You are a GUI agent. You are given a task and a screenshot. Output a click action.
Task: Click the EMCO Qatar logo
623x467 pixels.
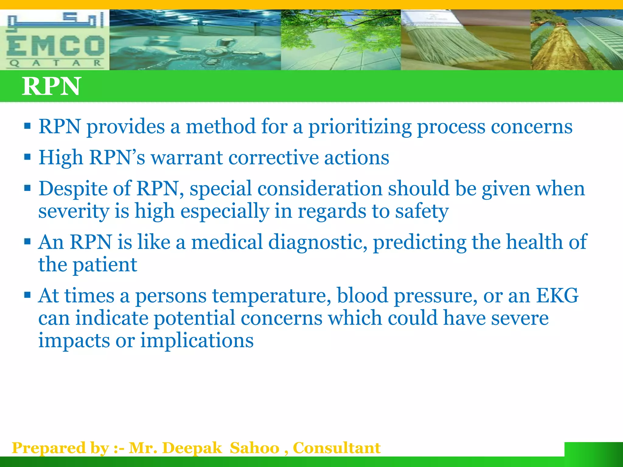[x=55, y=40]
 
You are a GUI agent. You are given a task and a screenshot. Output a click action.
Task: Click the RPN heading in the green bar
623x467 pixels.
[x=51, y=86]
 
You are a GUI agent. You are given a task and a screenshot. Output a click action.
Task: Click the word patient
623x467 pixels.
[x=105, y=265]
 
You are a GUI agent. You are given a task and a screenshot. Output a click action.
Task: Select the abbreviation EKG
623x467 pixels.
[x=557, y=296]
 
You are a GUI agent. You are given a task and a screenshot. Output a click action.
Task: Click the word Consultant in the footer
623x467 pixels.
[x=336, y=448]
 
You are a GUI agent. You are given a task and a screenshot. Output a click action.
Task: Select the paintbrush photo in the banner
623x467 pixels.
[x=465, y=40]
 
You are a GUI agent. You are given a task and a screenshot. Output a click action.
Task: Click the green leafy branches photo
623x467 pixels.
[x=341, y=40]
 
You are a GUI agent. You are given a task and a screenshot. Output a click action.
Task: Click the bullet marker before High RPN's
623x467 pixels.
[x=27, y=157]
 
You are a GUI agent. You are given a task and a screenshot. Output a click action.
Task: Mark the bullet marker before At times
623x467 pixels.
[x=27, y=295]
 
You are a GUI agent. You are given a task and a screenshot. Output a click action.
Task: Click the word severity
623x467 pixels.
[x=74, y=211]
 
